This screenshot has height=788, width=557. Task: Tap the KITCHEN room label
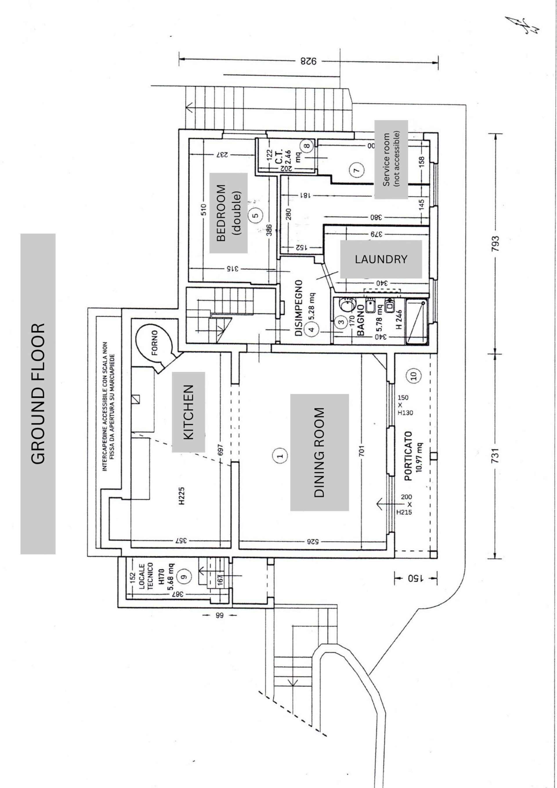click(188, 412)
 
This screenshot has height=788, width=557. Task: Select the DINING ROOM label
click(319, 452)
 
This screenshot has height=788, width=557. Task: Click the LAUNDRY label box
click(381, 259)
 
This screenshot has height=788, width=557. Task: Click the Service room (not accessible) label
click(391, 159)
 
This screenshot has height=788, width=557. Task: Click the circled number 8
click(307, 145)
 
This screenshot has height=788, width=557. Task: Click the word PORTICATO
click(408, 456)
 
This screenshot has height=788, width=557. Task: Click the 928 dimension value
click(308, 62)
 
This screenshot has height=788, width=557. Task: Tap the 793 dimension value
click(495, 244)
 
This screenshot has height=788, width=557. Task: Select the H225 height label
click(182, 496)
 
